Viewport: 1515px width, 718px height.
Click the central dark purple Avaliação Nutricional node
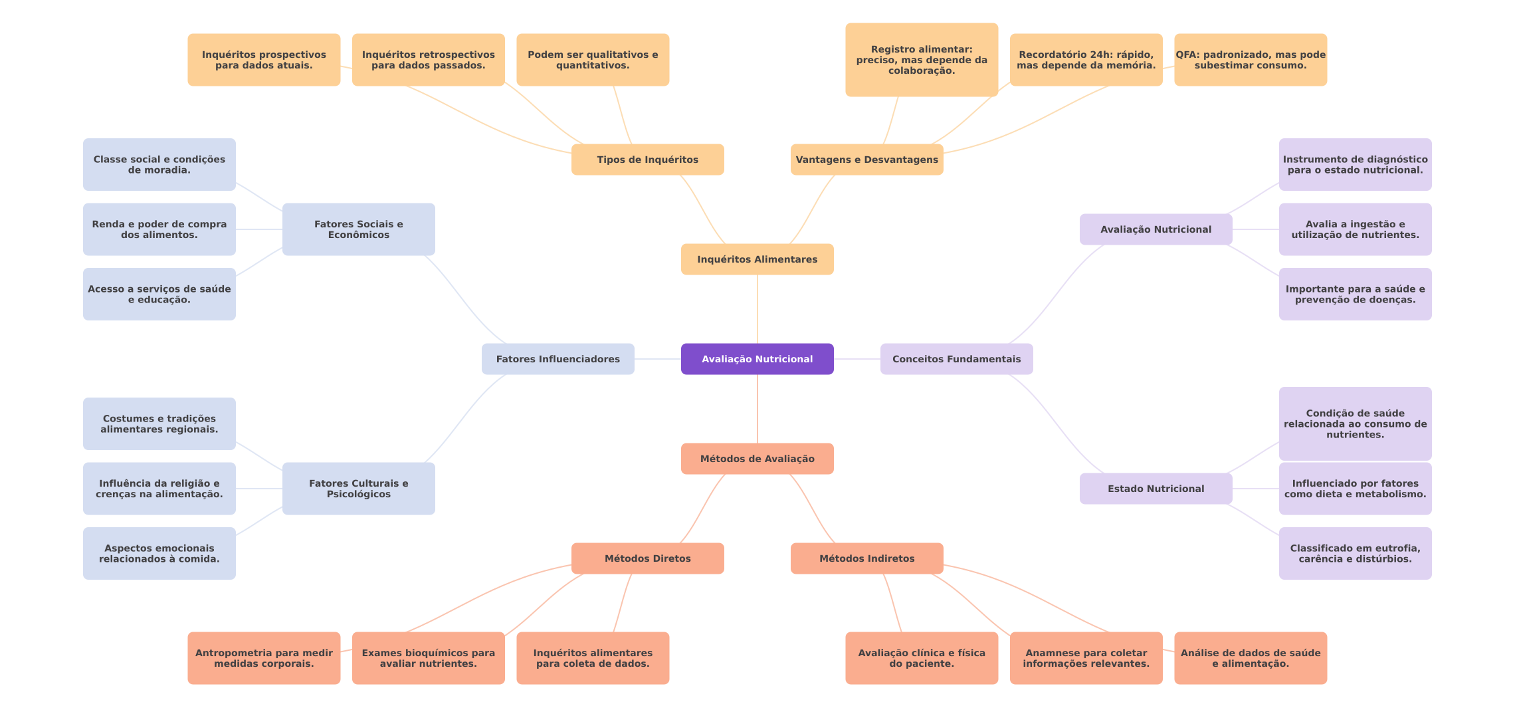[757, 359]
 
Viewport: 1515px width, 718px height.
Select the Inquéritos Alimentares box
[757, 259]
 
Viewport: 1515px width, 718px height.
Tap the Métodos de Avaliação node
[757, 459]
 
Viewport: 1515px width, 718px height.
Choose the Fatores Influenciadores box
[557, 359]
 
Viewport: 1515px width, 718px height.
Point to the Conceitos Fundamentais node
[956, 359]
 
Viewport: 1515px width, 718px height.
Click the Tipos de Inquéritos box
[647, 160]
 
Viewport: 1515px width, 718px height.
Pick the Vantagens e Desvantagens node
[866, 160]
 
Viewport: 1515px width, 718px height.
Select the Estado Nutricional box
[1156, 489]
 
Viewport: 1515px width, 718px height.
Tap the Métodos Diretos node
[647, 558]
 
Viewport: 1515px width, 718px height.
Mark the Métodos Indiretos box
[866, 558]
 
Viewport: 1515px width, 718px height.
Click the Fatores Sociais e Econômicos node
[358, 229]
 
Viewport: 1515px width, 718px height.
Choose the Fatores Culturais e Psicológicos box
[358, 489]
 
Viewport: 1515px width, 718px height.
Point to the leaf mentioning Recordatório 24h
[1086, 60]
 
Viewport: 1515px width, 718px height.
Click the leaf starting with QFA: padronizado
[1250, 60]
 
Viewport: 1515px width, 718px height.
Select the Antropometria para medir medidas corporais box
[264, 658]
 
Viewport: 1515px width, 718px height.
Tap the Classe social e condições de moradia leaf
[159, 165]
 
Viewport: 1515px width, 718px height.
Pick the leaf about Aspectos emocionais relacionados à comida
[159, 553]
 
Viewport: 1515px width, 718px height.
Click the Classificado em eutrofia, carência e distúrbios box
[1355, 553]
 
